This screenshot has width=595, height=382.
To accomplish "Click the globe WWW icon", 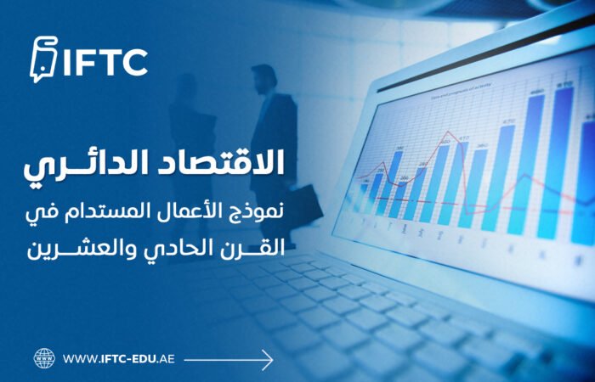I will pyautogui.click(x=44, y=358).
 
